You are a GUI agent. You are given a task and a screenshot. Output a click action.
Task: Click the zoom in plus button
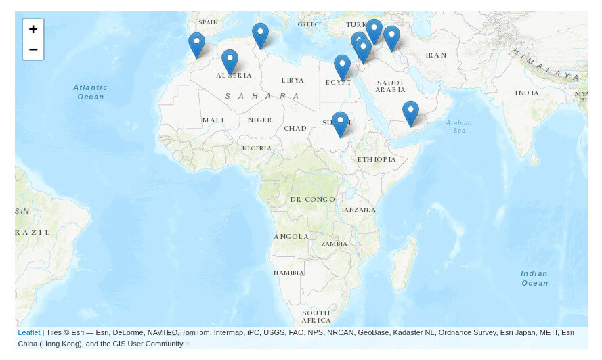pos(33,29)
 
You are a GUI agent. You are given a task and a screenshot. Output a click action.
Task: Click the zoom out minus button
pos(33,49)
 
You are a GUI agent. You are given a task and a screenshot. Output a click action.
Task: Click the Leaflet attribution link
pos(28,332)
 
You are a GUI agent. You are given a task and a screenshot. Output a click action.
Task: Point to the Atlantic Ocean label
pos(90,92)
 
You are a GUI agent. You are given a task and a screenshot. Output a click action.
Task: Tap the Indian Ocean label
pos(534,278)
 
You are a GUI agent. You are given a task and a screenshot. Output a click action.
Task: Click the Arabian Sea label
pos(458,126)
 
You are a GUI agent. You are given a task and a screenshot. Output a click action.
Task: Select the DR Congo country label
pos(312,199)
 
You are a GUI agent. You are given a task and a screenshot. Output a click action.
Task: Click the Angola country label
pos(291,236)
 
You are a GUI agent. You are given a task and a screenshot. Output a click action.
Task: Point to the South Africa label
pos(316,316)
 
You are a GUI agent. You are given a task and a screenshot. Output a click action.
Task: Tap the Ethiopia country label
pos(377,159)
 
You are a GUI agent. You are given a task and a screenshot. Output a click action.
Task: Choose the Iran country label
pos(436,55)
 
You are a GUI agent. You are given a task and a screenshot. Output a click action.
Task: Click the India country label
pos(527,93)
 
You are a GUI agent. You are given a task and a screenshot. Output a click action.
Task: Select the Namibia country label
pos(288,272)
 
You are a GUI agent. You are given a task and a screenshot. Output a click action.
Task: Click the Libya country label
pos(293,80)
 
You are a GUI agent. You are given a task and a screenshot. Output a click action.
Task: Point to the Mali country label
pos(213,120)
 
